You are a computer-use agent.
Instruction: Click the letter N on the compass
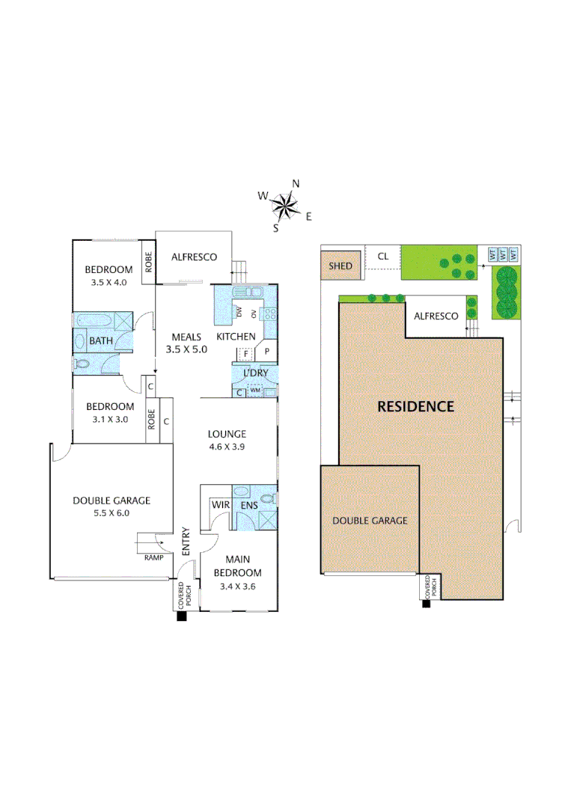296,184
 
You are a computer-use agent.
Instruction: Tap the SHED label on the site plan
341,266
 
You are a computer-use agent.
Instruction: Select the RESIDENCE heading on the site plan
415,407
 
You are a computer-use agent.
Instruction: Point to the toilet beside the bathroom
82,364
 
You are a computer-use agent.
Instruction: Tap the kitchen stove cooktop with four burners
271,315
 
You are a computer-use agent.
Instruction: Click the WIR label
220,505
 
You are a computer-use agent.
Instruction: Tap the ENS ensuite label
248,505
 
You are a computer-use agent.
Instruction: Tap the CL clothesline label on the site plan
383,257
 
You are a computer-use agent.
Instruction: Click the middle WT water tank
503,254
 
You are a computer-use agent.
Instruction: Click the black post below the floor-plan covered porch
180,617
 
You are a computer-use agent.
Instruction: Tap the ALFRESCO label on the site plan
436,316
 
